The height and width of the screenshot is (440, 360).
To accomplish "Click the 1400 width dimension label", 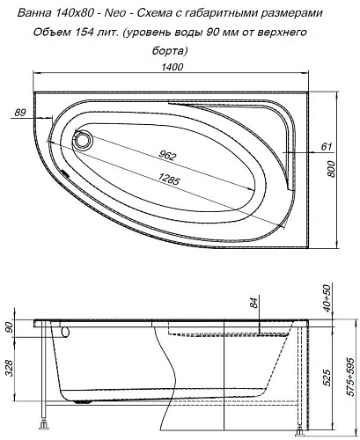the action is (172, 67).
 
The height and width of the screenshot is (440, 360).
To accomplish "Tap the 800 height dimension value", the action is (331, 169).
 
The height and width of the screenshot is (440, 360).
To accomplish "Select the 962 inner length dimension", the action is (166, 156).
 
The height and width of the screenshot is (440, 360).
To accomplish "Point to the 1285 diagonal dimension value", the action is (168, 179).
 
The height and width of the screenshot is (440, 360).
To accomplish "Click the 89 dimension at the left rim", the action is (20, 113).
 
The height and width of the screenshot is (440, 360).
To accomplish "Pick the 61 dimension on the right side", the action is (326, 146).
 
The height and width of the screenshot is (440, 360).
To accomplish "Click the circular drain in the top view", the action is (83, 139).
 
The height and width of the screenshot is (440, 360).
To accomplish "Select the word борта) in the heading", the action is (170, 51).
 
